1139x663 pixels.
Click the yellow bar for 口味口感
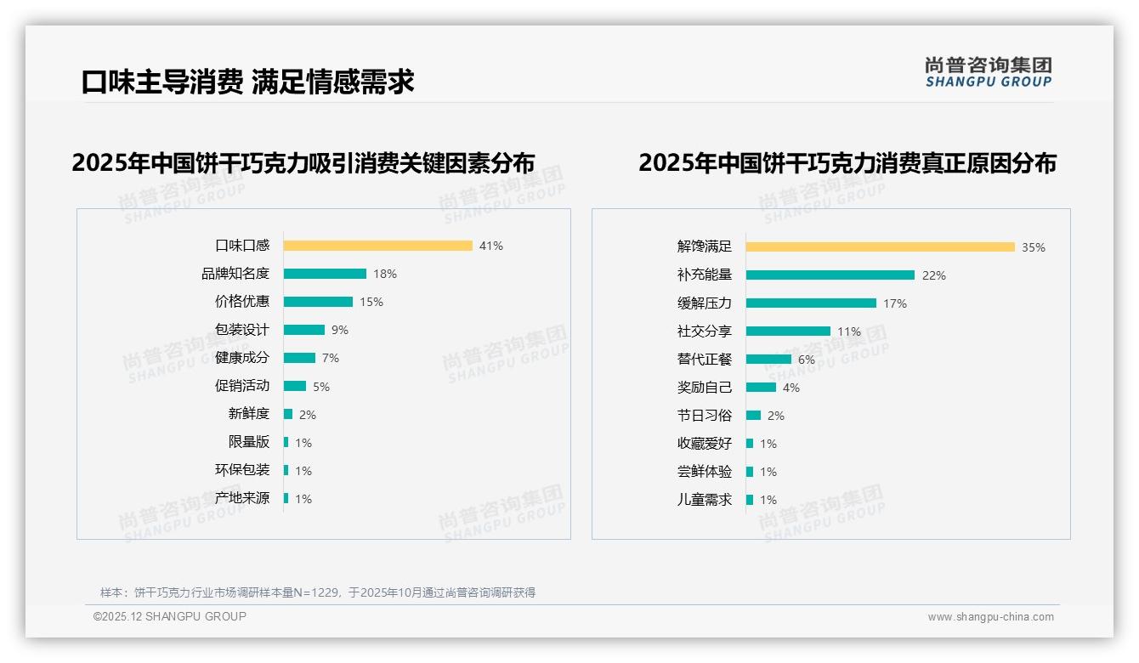coord(377,246)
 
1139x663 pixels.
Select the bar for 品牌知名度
coord(325,274)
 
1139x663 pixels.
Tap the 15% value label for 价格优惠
coord(371,302)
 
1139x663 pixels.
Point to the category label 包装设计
coord(242,330)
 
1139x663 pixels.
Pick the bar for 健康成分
coord(299,358)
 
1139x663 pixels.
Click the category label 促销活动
coord(242,386)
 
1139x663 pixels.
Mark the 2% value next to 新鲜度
coord(308,415)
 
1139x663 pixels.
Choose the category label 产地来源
coord(242,498)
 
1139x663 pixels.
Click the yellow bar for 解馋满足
coord(880,247)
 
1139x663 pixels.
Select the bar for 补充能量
coord(830,275)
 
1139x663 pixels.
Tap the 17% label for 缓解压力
coord(895,303)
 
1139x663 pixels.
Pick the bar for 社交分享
coord(788,331)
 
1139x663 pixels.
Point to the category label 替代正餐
coord(705,360)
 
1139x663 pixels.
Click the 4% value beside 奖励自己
coord(791,388)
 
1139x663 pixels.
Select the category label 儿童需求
coord(705,500)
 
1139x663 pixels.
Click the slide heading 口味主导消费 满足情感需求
coord(247,82)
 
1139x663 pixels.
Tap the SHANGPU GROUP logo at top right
coord(989,72)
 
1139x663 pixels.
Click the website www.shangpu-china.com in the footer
coord(990,617)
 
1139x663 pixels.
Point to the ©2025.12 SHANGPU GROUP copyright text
coord(170,616)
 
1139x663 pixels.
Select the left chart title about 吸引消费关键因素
coord(303,163)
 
